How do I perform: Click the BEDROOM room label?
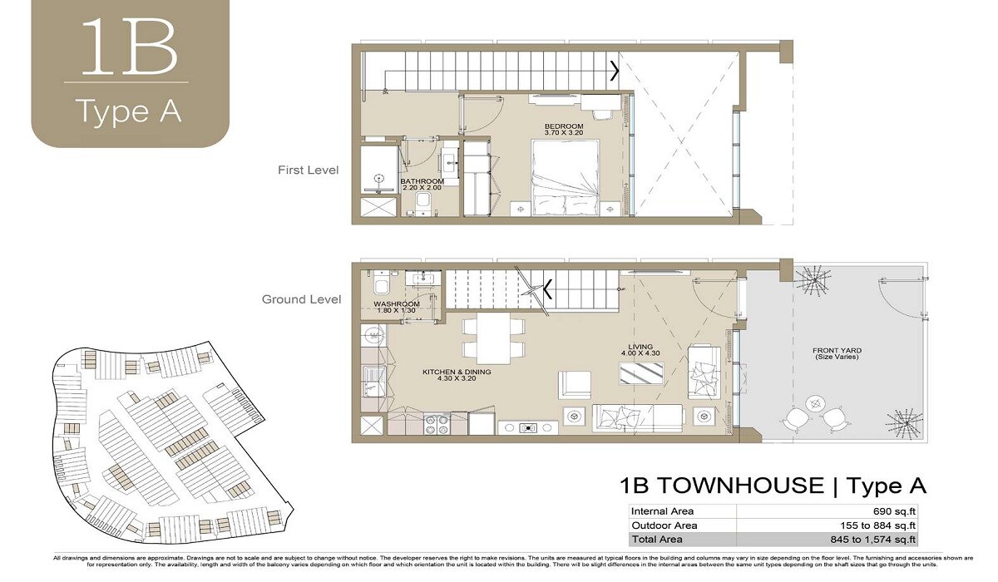pos(564,125)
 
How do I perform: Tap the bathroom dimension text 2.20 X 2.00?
pos(422,188)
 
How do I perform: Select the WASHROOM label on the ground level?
pos(396,304)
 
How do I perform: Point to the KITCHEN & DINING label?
pos(457,372)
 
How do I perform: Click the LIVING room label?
pos(641,347)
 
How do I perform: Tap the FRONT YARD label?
pos(836,350)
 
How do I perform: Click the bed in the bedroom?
pos(566,178)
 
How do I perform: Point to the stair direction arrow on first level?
pos(615,71)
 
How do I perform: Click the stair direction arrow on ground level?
pos(548,290)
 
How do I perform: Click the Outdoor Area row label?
pos(663,525)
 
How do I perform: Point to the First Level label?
pos(308,170)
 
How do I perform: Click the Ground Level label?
pos(301,299)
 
